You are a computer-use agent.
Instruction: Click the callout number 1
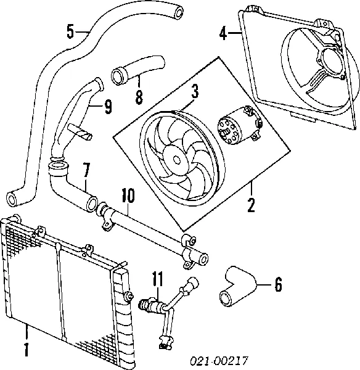click(x=26, y=349)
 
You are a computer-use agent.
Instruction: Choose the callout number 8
click(x=139, y=96)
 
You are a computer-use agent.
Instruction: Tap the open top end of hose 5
click(x=178, y=10)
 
